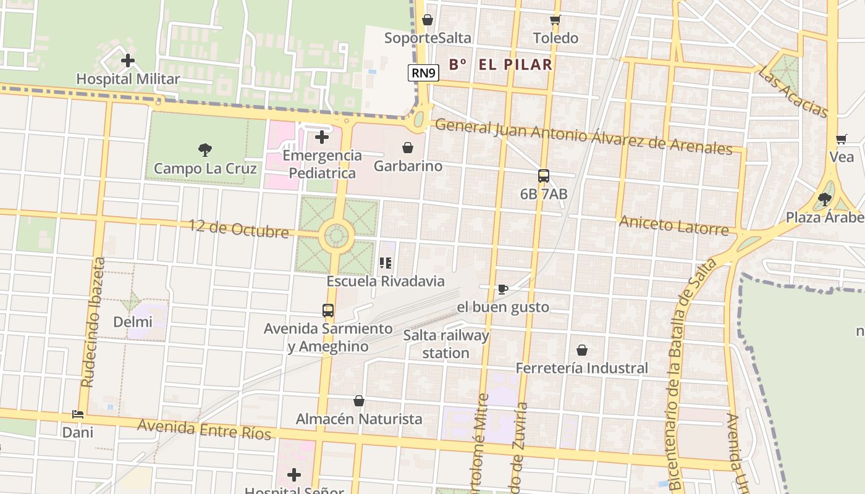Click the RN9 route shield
[424, 73]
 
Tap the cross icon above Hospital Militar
[128, 61]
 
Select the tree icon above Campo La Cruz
[205, 149]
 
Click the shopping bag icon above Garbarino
[408, 148]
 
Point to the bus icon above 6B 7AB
[544, 176]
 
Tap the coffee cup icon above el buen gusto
[503, 289]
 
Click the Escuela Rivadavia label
[386, 282]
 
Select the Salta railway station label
[446, 345]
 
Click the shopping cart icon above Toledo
[555, 20]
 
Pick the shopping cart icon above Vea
[841, 140]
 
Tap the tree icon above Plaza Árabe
[824, 199]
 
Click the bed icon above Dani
[78, 414]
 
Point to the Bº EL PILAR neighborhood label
[500, 64]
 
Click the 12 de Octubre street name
[238, 229]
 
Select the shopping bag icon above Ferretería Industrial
[582, 350]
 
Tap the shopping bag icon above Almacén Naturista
[359, 401]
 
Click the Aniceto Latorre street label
[674, 225]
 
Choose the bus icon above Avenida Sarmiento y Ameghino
[328, 311]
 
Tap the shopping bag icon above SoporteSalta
[428, 20]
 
